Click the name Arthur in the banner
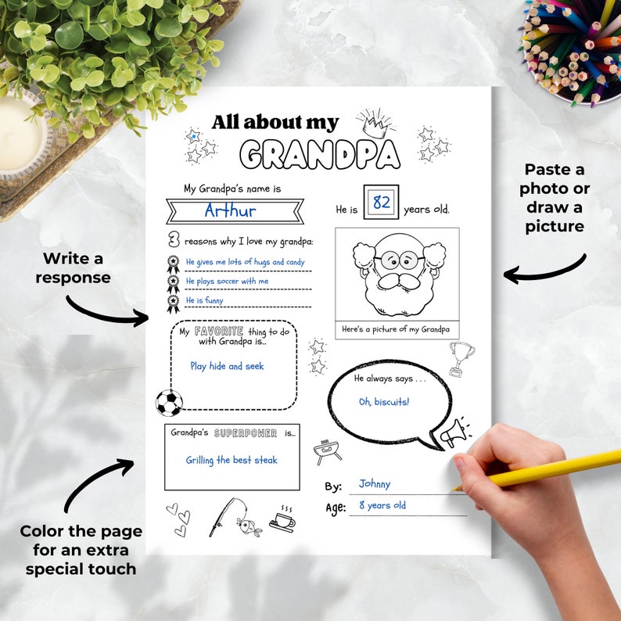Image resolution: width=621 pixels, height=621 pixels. point(230,210)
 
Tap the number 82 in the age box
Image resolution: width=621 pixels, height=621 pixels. point(381,203)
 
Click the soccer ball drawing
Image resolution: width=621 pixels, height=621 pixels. point(169,403)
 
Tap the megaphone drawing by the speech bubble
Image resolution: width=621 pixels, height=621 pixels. point(454,432)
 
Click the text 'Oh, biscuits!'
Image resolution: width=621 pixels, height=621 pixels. point(383,402)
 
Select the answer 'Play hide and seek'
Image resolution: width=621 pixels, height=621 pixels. point(227,366)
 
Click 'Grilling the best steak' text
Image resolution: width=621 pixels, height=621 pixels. point(232,460)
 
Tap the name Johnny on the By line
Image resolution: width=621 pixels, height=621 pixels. point(375,484)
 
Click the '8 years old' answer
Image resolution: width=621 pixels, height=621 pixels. point(382,505)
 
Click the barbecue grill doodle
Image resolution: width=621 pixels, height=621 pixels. point(322,451)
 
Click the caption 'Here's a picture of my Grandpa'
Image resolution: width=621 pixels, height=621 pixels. point(396,329)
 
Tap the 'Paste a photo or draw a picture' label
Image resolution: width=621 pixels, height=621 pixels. point(555,198)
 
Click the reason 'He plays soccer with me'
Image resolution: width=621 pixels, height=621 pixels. point(227,281)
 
